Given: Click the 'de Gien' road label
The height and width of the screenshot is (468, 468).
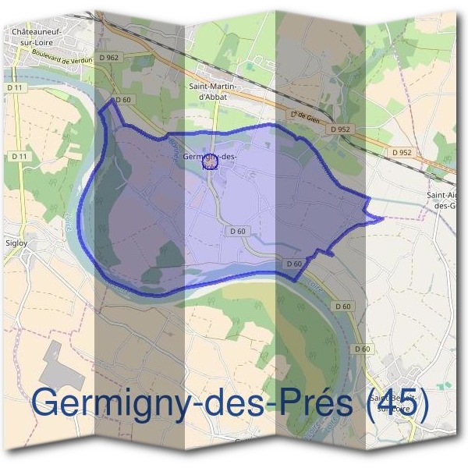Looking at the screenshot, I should coord(306,115).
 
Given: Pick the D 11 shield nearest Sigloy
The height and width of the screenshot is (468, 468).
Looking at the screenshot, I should coord(20,156).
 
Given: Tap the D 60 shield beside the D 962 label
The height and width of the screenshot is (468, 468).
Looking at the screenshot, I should coord(122,100).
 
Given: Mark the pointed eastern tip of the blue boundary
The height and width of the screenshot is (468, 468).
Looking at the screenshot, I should coord(383,219).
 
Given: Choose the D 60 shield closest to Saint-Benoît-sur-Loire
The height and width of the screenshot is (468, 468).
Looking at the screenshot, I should coord(361,349).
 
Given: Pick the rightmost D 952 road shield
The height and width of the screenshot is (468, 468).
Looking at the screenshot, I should coord(402,152).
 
